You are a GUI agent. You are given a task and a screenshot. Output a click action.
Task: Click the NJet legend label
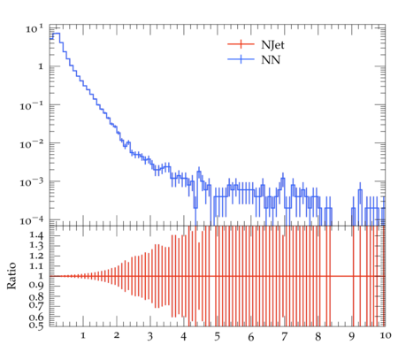point(272,45)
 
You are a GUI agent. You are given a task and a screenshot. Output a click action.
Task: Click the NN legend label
point(271,60)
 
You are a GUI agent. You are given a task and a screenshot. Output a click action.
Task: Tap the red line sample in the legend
point(241,44)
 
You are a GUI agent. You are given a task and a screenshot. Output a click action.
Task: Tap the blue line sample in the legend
point(241,59)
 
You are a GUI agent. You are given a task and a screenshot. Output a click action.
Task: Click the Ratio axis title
point(11,276)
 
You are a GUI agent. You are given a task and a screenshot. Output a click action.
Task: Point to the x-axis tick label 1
point(83,335)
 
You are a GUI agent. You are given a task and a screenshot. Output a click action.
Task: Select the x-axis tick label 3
point(150,336)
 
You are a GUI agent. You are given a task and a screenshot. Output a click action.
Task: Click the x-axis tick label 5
point(218,336)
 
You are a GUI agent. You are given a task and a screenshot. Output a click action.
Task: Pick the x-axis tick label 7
point(284,336)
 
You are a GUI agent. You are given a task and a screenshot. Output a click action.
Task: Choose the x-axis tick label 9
point(351,336)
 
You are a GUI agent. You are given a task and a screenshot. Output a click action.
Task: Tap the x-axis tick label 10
point(386,335)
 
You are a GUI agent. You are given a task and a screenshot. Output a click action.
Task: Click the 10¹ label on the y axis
point(34,28)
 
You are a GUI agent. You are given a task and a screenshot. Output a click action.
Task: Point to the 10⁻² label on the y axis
point(32,143)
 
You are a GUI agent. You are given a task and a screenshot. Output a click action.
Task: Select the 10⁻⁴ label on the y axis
point(32,220)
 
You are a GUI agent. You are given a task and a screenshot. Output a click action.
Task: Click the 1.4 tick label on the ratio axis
point(36,235)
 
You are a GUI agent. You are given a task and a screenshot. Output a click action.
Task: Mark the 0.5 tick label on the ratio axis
point(36,326)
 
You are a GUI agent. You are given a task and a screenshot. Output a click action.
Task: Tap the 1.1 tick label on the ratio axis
point(36,266)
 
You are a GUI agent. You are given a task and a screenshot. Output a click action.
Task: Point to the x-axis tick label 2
point(117,335)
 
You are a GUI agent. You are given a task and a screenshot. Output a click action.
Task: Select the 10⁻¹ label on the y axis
point(32,105)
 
